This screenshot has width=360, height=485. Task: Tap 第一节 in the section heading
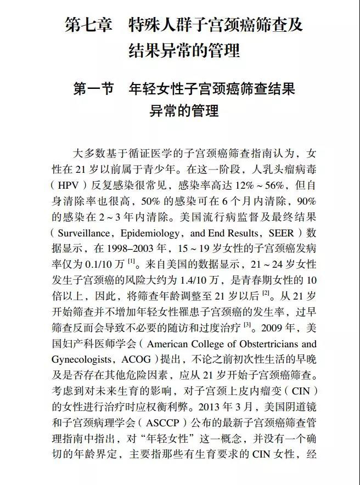94,88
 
